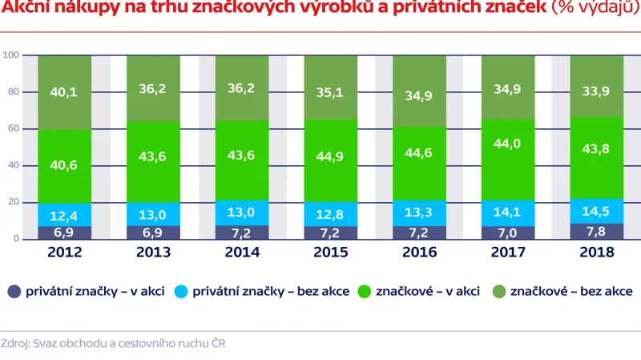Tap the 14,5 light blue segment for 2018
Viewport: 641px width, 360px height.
[596, 211]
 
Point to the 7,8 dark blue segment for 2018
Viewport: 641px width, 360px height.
[596, 232]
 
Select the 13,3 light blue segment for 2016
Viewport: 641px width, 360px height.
[420, 212]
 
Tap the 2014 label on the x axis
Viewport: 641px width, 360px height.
[242, 252]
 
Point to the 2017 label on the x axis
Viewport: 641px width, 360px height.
[508, 252]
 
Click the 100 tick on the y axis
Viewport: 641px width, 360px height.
[11, 55]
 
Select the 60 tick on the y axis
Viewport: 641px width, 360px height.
[14, 128]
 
